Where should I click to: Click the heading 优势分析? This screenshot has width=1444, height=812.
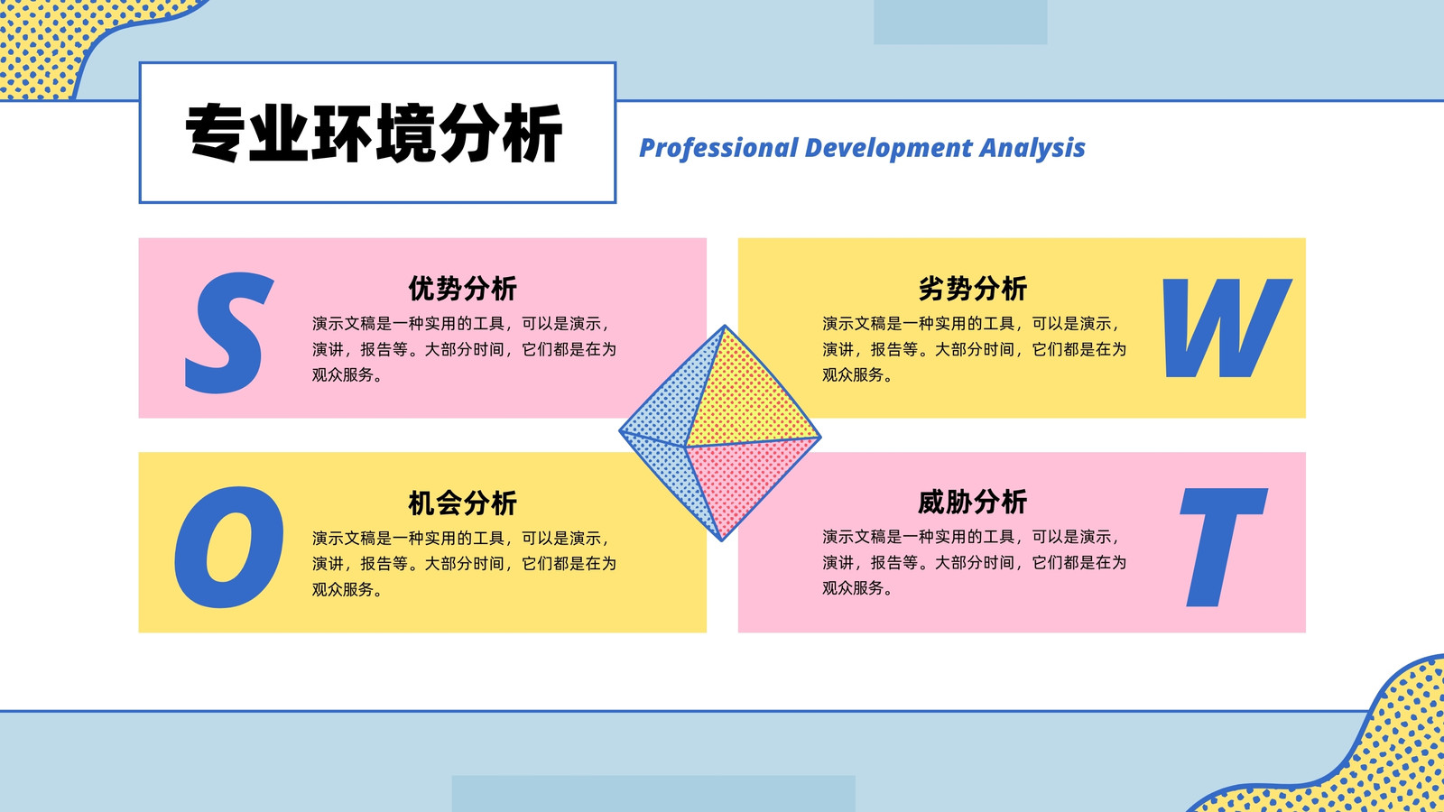click(x=462, y=288)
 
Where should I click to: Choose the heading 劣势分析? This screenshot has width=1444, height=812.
click(x=972, y=288)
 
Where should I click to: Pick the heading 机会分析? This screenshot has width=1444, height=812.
click(x=462, y=503)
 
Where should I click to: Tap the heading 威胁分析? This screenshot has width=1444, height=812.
click(x=972, y=502)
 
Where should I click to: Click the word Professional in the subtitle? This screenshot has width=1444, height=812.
click(x=718, y=148)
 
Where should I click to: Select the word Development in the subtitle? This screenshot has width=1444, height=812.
click(x=889, y=148)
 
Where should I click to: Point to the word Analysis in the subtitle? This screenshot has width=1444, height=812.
click(x=1032, y=148)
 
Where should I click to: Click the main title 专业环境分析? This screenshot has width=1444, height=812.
click(x=374, y=133)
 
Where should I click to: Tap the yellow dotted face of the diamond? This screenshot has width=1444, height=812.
click(x=748, y=393)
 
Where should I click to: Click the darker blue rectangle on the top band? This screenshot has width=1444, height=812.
click(x=960, y=22)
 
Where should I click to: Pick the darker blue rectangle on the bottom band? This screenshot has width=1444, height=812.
click(x=653, y=793)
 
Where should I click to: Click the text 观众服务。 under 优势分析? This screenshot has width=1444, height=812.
click(x=347, y=375)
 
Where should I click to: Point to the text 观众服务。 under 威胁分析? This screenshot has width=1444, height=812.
click(x=856, y=588)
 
